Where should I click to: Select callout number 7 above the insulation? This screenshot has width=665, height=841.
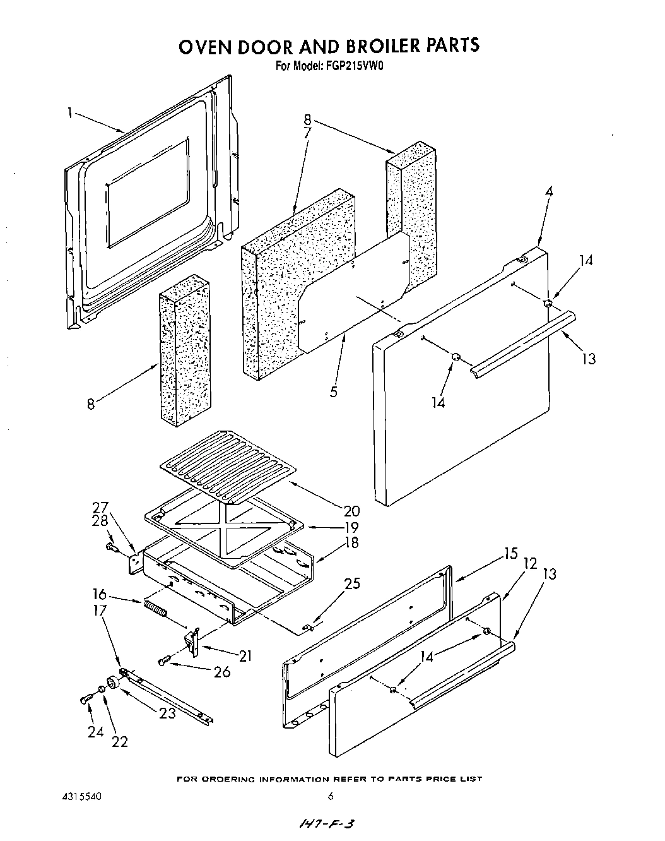click(x=307, y=133)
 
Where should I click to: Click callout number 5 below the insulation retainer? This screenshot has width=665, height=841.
click(x=333, y=392)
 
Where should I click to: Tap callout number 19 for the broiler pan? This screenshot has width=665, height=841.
click(x=351, y=527)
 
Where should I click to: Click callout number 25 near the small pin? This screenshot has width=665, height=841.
click(x=351, y=583)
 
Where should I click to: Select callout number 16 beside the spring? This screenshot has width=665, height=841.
click(x=99, y=595)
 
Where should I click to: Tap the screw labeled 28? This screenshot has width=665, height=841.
click(x=111, y=547)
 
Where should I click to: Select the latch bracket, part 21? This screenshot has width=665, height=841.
click(x=191, y=642)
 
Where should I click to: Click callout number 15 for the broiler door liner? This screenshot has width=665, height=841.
click(x=510, y=554)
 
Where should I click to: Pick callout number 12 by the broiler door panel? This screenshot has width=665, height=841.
click(x=530, y=564)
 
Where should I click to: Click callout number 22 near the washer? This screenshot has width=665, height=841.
click(x=119, y=741)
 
